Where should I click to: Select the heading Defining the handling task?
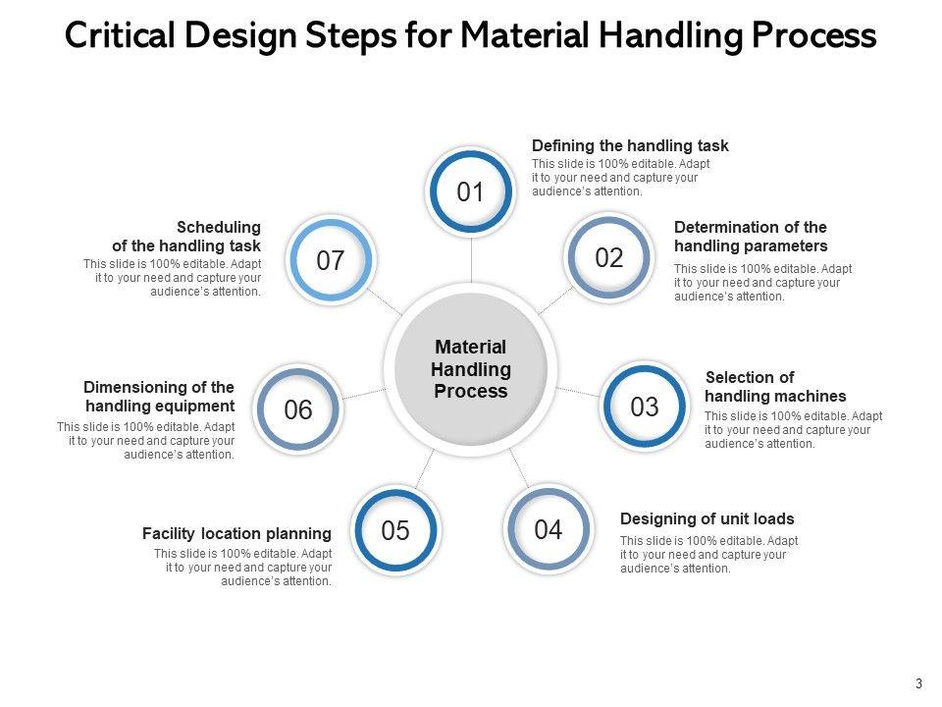coord(630,145)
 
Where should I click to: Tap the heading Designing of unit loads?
coord(707,518)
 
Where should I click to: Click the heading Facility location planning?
coord(236,533)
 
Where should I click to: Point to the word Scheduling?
coord(219,227)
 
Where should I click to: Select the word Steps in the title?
coord(351,36)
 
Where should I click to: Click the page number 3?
coord(918,683)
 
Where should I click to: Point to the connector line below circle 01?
coord(471,259)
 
